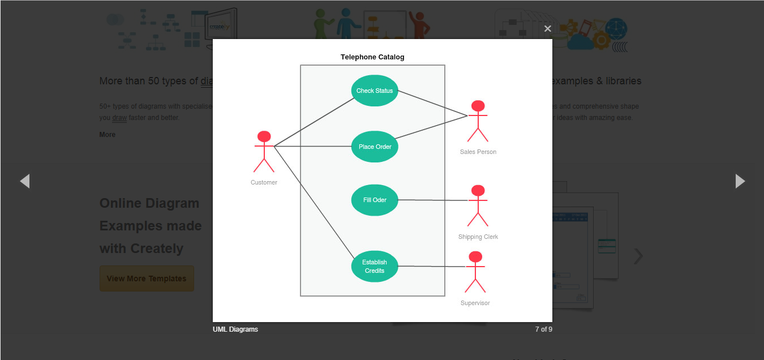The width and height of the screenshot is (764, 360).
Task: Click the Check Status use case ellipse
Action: (x=375, y=91)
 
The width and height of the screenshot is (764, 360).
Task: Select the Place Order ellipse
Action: (x=375, y=147)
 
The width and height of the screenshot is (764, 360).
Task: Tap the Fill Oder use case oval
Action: (x=375, y=200)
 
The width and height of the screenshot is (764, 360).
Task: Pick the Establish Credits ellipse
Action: (x=375, y=266)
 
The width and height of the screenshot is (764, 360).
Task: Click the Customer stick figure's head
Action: (x=264, y=136)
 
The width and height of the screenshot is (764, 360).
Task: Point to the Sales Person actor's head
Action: (x=478, y=106)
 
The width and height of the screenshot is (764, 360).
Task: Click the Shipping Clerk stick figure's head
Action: (x=478, y=190)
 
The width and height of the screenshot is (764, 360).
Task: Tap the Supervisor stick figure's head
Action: (x=475, y=257)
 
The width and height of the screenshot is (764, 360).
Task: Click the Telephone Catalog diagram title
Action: (x=372, y=57)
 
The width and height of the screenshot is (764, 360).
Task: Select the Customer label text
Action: (x=264, y=182)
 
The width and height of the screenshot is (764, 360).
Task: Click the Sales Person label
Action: (x=478, y=152)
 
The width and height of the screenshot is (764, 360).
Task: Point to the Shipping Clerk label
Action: (x=478, y=237)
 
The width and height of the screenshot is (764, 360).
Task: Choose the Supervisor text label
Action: (x=475, y=303)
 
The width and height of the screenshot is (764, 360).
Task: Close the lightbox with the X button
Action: (x=547, y=29)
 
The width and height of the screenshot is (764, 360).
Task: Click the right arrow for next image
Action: (x=740, y=181)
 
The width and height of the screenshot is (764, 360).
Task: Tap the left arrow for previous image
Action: (x=24, y=181)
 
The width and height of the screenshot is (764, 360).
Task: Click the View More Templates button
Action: (x=147, y=278)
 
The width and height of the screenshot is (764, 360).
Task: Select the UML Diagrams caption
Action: (x=235, y=329)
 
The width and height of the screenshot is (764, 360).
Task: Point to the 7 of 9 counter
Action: (x=543, y=329)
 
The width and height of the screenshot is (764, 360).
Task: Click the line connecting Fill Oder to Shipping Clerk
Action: (x=433, y=200)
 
